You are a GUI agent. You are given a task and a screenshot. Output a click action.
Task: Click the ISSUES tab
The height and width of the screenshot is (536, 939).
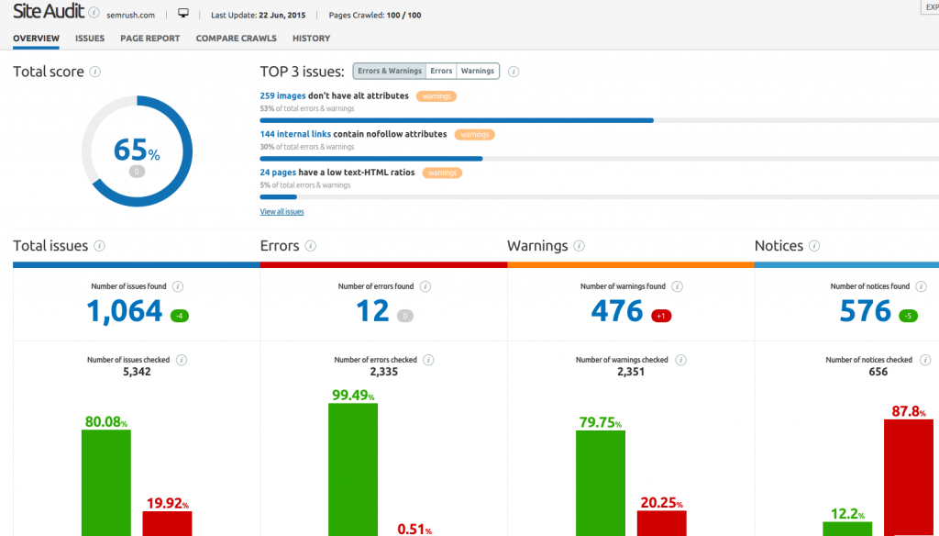(x=90, y=39)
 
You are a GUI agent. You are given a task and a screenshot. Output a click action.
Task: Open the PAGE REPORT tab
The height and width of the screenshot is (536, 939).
(x=149, y=39)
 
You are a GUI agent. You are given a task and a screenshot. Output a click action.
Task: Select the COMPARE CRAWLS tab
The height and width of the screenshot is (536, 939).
(x=236, y=39)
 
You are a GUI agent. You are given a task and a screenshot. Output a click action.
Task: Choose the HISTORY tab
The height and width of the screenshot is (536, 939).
(x=311, y=39)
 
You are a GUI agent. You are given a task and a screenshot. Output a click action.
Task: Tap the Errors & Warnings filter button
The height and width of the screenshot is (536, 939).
(x=390, y=71)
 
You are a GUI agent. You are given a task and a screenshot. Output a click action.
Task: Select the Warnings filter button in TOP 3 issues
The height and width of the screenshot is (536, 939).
(x=477, y=71)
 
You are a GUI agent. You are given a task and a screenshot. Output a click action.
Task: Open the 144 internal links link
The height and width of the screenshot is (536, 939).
(x=295, y=134)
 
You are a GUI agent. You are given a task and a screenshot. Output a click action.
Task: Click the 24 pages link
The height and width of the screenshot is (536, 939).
(x=278, y=172)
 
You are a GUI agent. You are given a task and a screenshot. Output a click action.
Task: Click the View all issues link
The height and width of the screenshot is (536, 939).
(x=282, y=212)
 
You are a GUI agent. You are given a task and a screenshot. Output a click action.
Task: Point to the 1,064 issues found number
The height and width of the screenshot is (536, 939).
(x=125, y=312)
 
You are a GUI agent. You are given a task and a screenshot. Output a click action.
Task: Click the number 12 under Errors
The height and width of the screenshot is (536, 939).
(x=373, y=312)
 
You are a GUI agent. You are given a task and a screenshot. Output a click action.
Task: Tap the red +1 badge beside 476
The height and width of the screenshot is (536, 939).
(x=660, y=316)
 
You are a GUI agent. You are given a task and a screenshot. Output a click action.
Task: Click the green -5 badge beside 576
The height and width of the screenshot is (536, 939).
(x=908, y=316)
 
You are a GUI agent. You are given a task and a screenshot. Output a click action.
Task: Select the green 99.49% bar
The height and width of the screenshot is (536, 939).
(x=353, y=469)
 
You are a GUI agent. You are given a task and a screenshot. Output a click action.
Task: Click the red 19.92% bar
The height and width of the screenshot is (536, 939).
(x=167, y=523)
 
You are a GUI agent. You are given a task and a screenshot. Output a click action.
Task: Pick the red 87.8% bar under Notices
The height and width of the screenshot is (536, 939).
(x=908, y=477)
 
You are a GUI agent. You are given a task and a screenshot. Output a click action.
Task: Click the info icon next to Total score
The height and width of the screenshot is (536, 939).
(x=95, y=72)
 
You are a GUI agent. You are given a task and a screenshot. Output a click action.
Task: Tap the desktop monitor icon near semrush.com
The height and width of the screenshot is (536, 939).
(x=183, y=14)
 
